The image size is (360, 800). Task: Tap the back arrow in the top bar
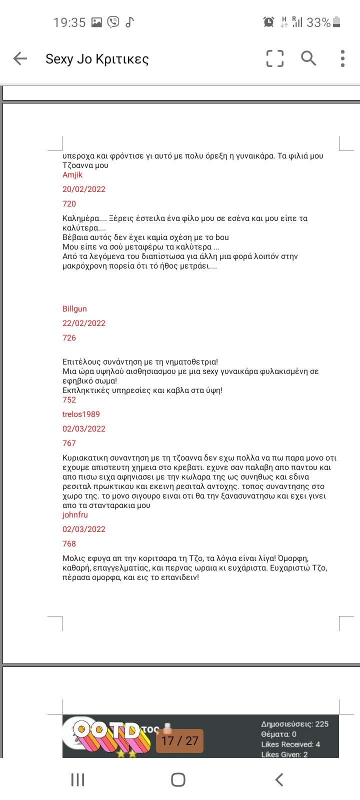pos(20,58)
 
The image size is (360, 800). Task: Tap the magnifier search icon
pos(308,58)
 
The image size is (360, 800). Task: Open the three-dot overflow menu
pos(342,58)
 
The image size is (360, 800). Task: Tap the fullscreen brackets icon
pos(275,58)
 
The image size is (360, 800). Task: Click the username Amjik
pos(72,175)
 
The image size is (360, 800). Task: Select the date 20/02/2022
pos(84,189)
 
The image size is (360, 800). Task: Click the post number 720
pos(69,204)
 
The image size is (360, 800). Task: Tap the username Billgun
pos(74,309)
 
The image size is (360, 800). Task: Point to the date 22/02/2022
pos(84,323)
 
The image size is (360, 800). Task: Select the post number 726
pos(69,338)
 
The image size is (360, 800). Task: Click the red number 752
pos(69,400)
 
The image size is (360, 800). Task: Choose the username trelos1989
pos(81,414)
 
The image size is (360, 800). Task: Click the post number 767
pos(69,443)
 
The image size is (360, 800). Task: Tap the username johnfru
pos(75,515)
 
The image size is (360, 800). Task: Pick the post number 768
pos(69,544)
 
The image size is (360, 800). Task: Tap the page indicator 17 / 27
pos(180,741)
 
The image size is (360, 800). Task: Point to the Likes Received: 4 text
pos(290,744)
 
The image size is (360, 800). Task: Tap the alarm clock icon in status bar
pos(268,22)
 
